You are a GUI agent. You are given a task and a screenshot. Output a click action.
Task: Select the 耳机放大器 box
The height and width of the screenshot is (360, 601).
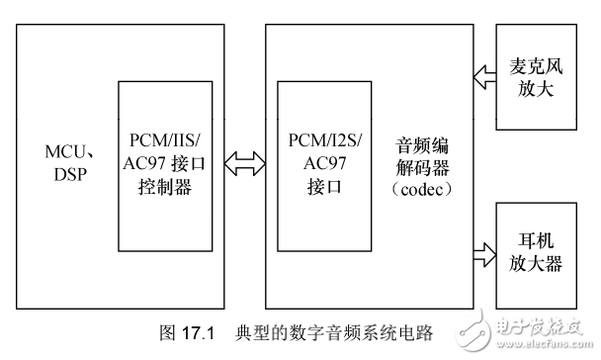point(533,254)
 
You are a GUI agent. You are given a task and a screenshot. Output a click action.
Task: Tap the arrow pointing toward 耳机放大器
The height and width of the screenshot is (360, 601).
point(484,255)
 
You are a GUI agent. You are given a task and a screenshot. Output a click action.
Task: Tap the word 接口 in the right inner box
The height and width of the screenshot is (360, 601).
point(322,183)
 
